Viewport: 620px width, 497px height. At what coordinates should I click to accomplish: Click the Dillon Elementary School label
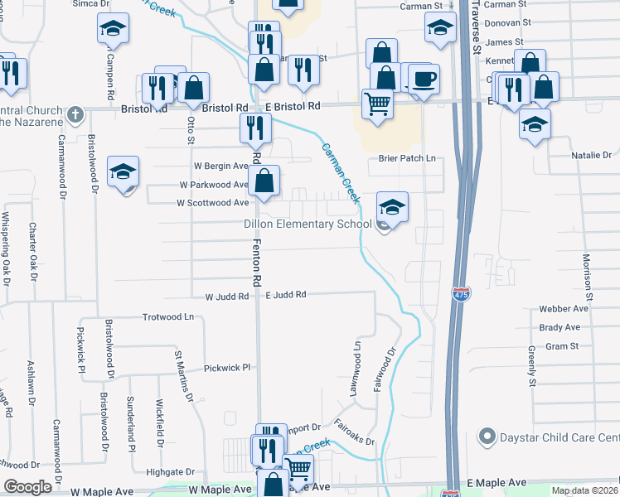[308, 224]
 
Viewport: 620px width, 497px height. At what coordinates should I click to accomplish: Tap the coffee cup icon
[424, 80]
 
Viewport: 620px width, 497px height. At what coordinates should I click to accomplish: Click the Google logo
[27, 486]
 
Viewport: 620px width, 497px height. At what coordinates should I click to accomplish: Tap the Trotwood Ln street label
[167, 317]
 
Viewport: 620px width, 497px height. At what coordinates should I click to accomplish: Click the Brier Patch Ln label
[407, 158]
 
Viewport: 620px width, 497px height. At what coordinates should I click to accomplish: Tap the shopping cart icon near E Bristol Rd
[377, 104]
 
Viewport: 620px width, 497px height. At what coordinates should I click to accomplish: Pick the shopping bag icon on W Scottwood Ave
[264, 180]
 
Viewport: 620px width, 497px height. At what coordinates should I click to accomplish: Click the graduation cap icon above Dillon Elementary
[393, 205]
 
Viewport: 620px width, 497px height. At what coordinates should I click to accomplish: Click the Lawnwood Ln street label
[358, 369]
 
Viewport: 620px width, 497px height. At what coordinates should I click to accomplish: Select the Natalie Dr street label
[591, 156]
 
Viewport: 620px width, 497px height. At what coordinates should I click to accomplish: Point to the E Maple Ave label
[496, 483]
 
